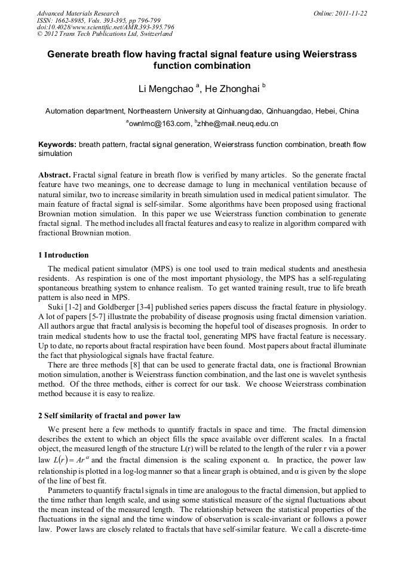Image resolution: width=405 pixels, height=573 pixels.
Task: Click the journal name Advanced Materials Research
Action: point(78,13)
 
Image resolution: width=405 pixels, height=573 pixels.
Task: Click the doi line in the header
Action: point(105,27)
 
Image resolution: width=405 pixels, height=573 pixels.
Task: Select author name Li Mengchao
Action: point(165,89)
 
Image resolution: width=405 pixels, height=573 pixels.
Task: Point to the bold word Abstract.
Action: point(54,175)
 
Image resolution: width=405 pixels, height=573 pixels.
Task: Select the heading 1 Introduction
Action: point(63,255)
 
